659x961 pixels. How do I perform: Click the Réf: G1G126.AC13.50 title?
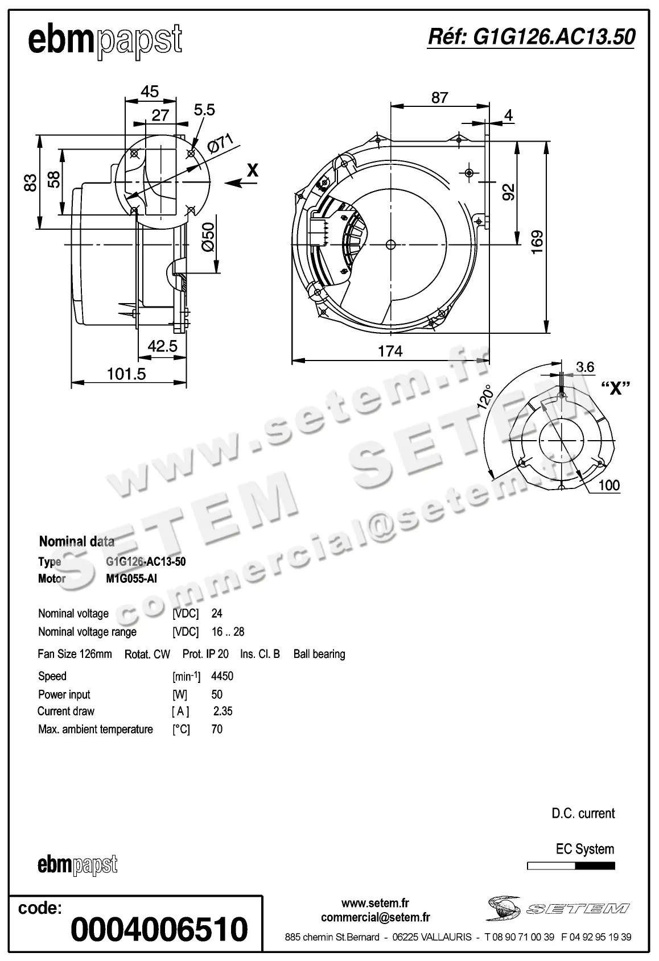[531, 37]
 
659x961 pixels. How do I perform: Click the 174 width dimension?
[390, 351]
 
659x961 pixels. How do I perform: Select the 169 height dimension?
[537, 241]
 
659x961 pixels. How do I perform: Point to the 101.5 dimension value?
[127, 374]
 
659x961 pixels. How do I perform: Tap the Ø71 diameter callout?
[221, 144]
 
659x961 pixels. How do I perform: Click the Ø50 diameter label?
[208, 238]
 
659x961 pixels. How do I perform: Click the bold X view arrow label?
[253, 169]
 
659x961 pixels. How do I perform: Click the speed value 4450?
[222, 676]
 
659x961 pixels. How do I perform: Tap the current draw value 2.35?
[223, 711]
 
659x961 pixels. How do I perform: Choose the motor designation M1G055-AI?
[131, 579]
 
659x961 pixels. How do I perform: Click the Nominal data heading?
[76, 541]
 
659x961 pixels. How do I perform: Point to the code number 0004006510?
[159, 929]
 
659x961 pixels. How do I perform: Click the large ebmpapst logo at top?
[105, 41]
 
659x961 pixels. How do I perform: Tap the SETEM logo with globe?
[557, 909]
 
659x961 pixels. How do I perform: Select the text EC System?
[584, 850]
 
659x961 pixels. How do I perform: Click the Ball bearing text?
[319, 654]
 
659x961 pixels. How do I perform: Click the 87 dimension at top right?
[439, 98]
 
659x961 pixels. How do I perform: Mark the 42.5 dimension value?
[163, 346]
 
